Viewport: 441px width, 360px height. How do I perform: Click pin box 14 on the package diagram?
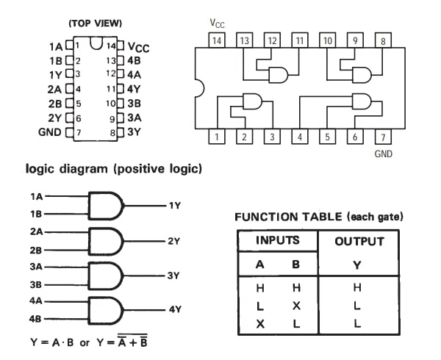(217, 40)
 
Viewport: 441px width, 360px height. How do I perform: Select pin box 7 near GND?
(383, 137)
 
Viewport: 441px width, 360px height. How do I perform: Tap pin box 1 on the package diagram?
(217, 137)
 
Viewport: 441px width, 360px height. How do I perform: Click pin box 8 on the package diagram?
(383, 40)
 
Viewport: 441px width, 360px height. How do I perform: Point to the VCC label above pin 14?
(218, 24)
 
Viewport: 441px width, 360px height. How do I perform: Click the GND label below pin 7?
(384, 154)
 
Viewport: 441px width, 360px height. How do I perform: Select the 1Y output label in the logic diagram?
(174, 205)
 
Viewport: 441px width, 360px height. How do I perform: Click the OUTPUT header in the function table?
(359, 241)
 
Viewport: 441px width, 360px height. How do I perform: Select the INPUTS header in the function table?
(276, 240)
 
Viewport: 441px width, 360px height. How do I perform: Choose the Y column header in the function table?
(358, 264)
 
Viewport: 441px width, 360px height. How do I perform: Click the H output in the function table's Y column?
(358, 287)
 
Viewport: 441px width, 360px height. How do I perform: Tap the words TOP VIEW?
(95, 24)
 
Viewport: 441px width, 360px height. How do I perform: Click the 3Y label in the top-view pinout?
(133, 132)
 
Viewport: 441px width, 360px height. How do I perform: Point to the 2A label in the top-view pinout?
(56, 89)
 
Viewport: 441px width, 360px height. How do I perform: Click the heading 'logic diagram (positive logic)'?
(113, 169)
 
